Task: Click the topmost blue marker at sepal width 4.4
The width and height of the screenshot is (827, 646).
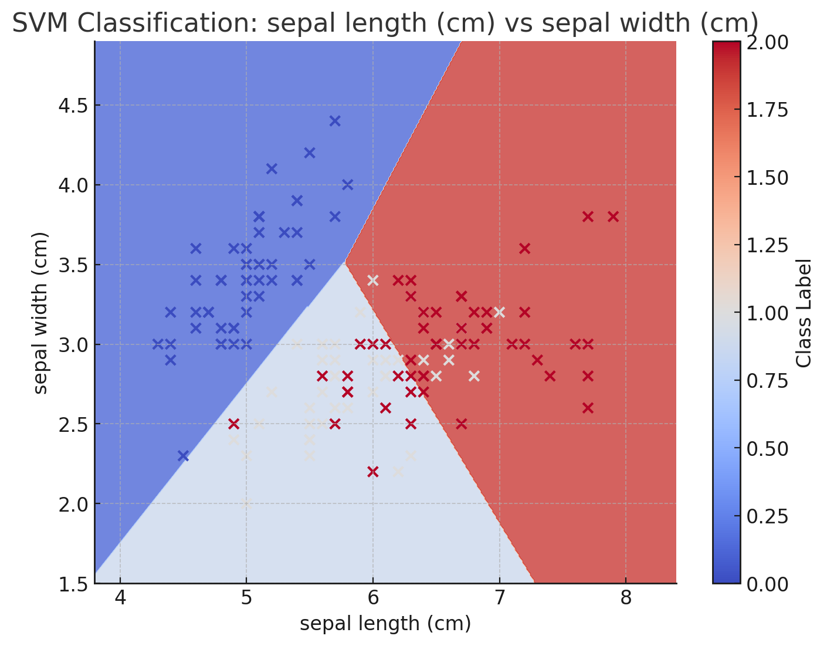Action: [335, 121]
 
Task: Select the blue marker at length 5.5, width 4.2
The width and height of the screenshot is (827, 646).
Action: [310, 153]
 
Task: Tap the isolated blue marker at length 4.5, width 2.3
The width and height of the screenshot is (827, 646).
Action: [183, 456]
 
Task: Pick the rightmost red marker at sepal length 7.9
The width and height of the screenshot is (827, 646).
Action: [613, 217]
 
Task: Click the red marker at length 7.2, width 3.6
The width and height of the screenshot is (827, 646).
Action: [524, 248]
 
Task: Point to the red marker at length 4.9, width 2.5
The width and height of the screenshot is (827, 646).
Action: [233, 424]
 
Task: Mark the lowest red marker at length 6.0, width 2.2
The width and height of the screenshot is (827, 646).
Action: [372, 472]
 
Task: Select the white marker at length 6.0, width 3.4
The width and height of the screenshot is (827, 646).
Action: [372, 280]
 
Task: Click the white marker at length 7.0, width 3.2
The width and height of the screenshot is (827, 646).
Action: [499, 312]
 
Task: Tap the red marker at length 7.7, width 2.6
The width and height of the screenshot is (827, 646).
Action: [588, 408]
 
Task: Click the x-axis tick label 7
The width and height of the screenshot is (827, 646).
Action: [499, 599]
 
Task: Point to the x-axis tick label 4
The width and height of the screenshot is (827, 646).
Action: [120, 599]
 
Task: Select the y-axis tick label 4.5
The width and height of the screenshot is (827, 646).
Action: [72, 106]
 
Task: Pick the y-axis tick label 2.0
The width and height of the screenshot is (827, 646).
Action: [72, 504]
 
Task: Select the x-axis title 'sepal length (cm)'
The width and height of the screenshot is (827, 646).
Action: [385, 624]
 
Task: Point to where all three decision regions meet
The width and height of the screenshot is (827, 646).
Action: [345, 263]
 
